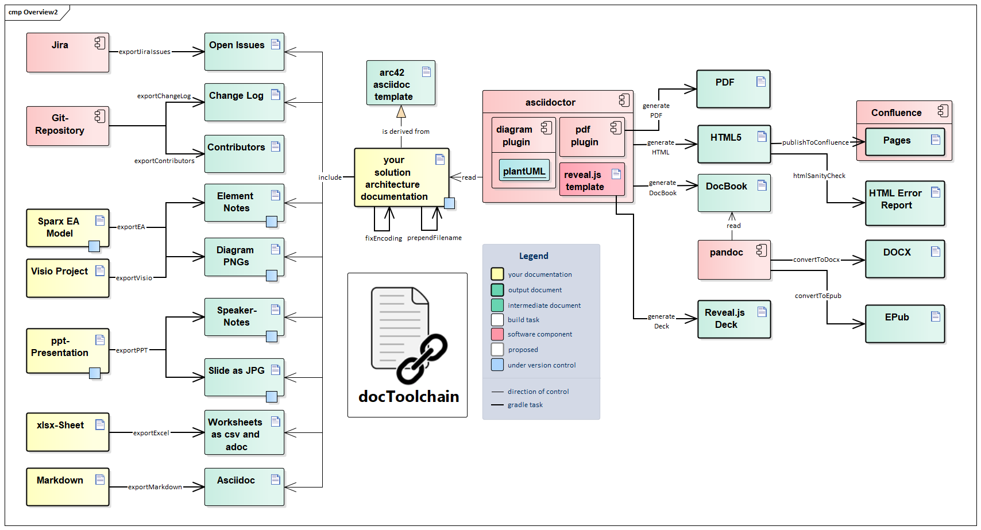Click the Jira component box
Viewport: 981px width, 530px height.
[67, 52]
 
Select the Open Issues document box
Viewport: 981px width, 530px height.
[244, 52]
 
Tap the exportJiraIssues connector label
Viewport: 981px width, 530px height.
[145, 52]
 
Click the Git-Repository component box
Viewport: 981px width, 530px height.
[67, 125]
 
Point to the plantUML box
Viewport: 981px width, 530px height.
[524, 171]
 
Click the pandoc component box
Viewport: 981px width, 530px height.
[733, 260]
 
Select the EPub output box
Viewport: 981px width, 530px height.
[905, 324]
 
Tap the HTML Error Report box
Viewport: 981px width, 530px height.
[905, 203]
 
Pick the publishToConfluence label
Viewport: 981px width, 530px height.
[815, 142]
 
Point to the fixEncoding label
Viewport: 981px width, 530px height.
[384, 238]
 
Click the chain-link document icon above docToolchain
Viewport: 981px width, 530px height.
[408, 334]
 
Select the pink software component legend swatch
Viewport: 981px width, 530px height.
[497, 334]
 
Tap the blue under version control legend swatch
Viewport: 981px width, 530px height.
[497, 365]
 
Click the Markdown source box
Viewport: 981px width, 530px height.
[67, 486]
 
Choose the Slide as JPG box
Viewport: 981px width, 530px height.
[244, 377]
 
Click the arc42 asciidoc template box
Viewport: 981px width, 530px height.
[400, 83]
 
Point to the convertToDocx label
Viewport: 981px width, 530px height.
[816, 260]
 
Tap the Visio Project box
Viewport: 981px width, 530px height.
[67, 278]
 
